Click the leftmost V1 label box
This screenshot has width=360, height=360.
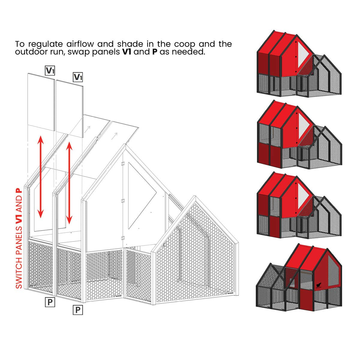tap(50, 70)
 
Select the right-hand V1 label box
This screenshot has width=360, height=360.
tap(78, 77)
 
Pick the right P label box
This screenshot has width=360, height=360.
tap(78, 310)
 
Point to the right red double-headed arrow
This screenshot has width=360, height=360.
tap(69, 183)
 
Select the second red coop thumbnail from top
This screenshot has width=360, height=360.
tap(299, 135)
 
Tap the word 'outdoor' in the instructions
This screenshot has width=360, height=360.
tap(31, 52)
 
